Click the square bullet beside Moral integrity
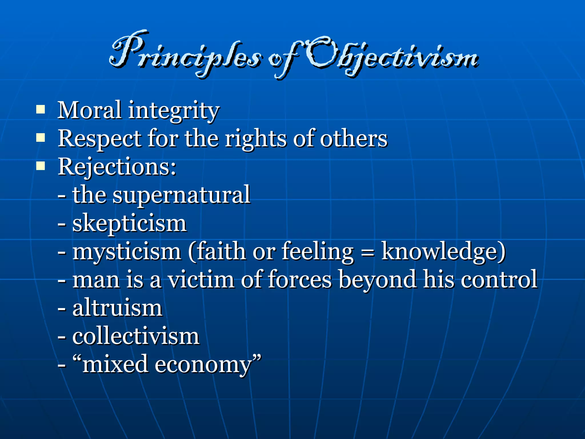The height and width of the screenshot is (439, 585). coord(41,110)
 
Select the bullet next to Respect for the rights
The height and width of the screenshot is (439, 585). coord(41,138)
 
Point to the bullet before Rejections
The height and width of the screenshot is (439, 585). coord(41,166)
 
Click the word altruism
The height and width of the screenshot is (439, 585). coord(117,308)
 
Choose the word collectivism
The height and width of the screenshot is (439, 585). coord(136,336)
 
